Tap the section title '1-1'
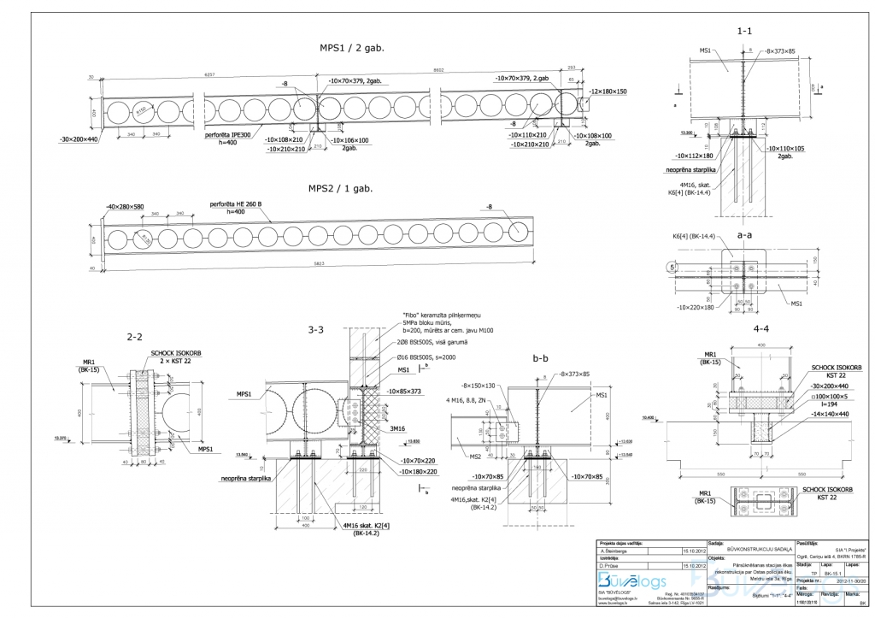tap(744, 31)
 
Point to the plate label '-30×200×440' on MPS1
tap(79, 139)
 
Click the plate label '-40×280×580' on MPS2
tap(126, 207)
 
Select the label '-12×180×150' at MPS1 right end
tap(608, 91)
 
